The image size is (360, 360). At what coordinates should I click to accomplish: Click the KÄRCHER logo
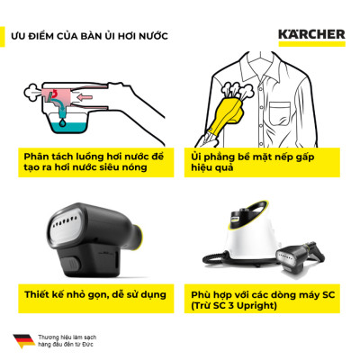coord(311,36)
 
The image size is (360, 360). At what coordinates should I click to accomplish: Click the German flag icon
coord(22,340)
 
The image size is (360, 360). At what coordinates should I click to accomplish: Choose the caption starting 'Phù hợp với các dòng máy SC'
coord(261,293)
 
